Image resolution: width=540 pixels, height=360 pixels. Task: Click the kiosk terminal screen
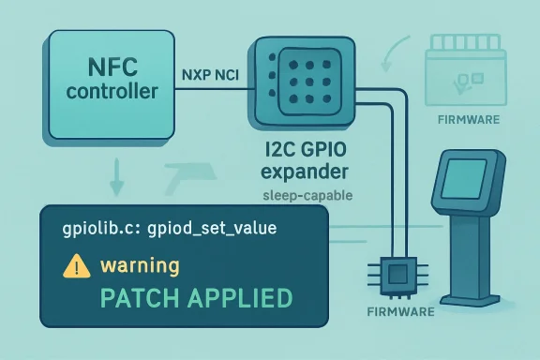(x=462, y=175)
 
